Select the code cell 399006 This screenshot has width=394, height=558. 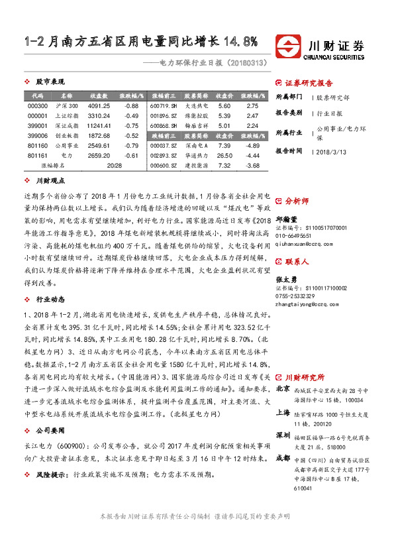38,135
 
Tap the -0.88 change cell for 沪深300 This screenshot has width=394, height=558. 130,106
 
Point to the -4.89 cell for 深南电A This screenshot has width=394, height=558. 252,145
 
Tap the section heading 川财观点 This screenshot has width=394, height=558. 50,180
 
